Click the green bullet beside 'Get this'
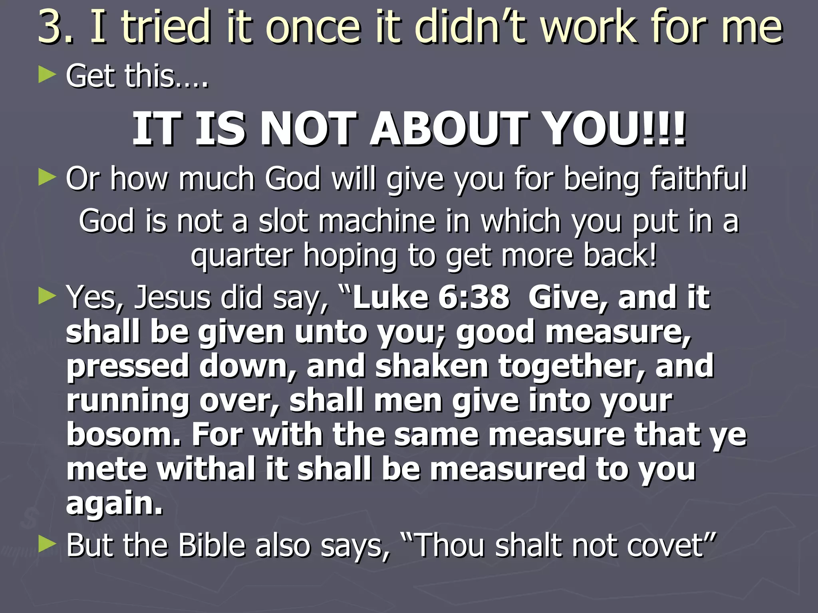(47, 75)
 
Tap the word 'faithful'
(699, 178)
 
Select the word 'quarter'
(242, 255)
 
